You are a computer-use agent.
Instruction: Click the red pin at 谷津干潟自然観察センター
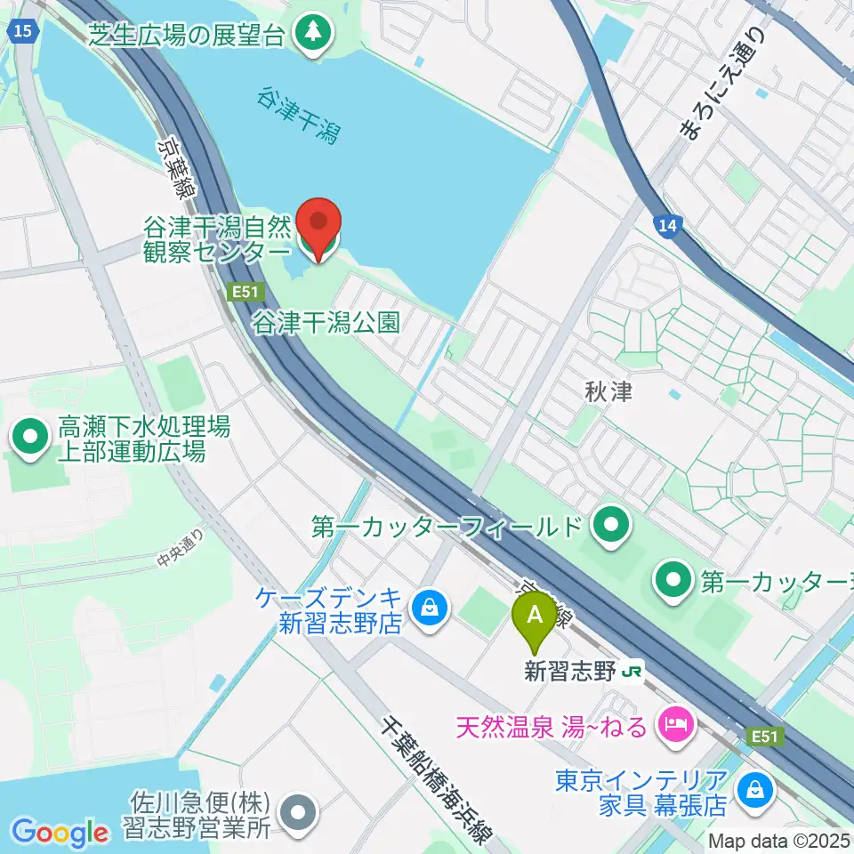point(318,223)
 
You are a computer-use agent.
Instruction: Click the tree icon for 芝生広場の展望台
point(313,35)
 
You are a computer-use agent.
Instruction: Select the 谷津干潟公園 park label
point(326,321)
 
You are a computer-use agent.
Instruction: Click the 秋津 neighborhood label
point(609,391)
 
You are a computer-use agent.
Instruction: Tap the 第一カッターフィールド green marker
point(610,527)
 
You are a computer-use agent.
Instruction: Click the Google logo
point(60,833)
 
